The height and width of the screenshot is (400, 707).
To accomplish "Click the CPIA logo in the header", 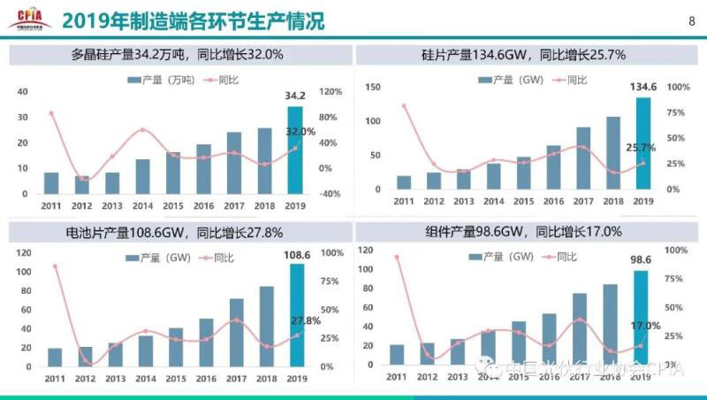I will (27, 17).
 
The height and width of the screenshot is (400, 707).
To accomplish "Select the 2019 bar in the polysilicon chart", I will (294, 150).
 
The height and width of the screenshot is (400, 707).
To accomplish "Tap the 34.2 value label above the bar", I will (294, 95).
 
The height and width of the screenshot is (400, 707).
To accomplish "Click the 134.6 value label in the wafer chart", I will (642, 87).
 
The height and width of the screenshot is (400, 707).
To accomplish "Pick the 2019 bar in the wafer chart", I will (642, 142).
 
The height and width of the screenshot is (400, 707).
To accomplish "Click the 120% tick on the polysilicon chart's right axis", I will (331, 92).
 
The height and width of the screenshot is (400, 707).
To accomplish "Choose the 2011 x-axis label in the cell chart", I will (55, 379).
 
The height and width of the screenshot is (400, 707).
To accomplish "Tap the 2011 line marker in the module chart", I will (396, 257).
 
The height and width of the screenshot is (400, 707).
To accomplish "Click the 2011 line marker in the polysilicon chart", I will (51, 113).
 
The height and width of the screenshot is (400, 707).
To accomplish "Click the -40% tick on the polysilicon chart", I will (331, 194).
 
